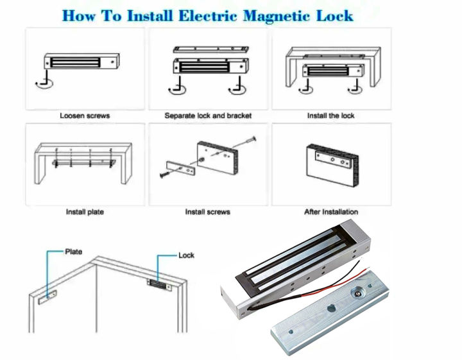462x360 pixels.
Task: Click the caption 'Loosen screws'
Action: click(x=85, y=116)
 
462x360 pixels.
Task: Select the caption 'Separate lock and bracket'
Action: click(x=208, y=116)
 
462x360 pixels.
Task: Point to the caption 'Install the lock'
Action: click(x=331, y=116)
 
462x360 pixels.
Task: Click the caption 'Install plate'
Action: click(x=85, y=212)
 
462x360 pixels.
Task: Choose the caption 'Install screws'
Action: click(x=207, y=212)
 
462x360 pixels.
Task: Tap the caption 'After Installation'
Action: click(x=331, y=212)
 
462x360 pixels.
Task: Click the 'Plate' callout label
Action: click(x=74, y=252)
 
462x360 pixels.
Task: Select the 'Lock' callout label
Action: click(x=186, y=255)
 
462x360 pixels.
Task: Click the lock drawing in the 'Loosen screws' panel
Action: click(x=80, y=63)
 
